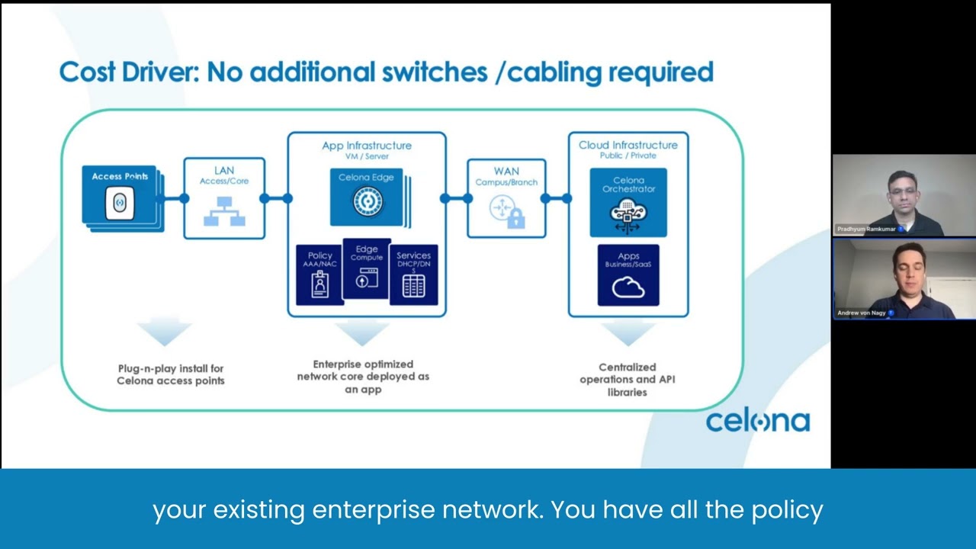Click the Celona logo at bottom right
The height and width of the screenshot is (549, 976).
point(757,421)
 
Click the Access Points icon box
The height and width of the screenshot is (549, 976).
point(120,196)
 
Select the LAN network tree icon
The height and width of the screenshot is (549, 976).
point(224,211)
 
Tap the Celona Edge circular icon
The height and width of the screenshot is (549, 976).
point(368,201)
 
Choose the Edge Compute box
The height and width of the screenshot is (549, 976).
point(367,268)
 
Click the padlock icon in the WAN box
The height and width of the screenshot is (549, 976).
point(516,220)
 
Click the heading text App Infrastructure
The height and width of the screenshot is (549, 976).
point(366,145)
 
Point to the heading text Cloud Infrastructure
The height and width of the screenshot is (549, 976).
point(628,145)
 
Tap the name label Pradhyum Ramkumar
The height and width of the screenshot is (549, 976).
point(865,229)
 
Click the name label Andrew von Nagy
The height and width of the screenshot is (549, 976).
point(861,313)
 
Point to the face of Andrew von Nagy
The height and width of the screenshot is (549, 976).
point(908,267)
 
